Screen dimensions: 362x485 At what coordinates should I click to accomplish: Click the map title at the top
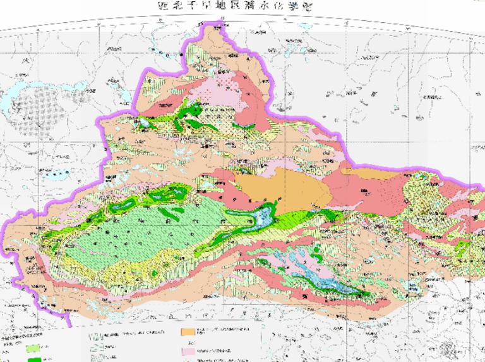click(242, 6)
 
